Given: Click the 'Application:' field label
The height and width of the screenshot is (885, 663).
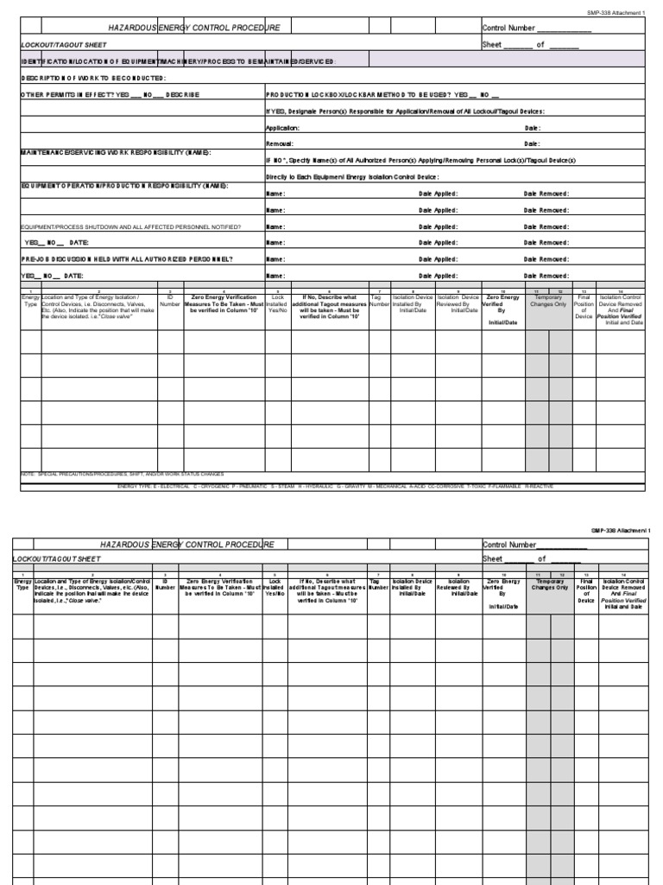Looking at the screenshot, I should point(282,127).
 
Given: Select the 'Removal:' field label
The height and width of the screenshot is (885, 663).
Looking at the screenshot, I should point(279,143).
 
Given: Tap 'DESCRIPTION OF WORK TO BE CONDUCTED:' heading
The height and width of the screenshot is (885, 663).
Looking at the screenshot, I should point(92,78).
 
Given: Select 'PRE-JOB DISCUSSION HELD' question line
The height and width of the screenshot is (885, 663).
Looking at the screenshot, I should point(126,258).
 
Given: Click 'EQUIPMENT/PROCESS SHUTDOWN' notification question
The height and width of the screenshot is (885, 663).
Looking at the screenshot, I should point(130,226).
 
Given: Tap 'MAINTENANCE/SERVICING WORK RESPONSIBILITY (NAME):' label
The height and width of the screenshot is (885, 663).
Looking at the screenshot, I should point(116,152).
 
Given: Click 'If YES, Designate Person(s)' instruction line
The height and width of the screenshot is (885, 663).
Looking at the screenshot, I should point(405,111).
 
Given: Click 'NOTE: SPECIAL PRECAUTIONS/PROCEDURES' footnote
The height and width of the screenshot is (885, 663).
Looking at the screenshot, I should point(122,474).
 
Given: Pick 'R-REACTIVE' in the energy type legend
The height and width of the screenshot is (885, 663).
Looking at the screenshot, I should point(539,486).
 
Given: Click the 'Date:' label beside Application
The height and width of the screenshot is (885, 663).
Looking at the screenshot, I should point(532,127).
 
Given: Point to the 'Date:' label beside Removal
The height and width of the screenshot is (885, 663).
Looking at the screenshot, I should point(532,143).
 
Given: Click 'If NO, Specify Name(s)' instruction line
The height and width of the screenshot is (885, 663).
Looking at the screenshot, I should point(420,160).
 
